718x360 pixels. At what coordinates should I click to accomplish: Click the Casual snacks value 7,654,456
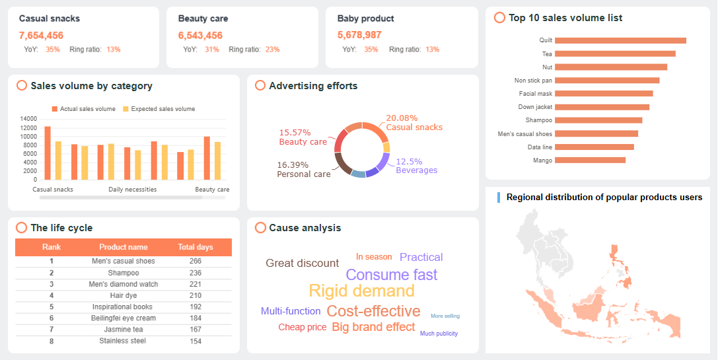(41, 35)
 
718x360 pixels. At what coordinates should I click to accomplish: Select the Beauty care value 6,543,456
(200, 35)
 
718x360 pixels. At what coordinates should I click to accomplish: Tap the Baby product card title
(365, 18)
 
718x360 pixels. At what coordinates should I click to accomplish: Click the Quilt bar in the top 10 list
(620, 40)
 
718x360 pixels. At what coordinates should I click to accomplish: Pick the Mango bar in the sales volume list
(590, 160)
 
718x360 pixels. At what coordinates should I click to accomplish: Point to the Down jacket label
(535, 107)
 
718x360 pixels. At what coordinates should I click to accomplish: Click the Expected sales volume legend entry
(162, 109)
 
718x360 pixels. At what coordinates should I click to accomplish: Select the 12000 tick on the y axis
(28, 127)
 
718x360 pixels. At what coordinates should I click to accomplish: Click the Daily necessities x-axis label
(133, 190)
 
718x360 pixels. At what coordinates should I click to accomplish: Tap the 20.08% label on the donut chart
(402, 118)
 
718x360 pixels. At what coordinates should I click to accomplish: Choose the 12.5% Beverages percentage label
(409, 162)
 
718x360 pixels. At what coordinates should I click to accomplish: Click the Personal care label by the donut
(304, 174)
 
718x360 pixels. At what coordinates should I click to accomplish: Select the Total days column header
(196, 247)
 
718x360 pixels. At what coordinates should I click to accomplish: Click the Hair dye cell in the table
(124, 295)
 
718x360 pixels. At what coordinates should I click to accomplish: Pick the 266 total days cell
(196, 261)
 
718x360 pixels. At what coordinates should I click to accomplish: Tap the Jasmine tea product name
(124, 330)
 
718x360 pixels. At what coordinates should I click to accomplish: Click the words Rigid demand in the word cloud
(361, 291)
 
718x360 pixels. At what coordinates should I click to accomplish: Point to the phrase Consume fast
(391, 275)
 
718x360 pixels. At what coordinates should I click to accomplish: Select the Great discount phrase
(302, 263)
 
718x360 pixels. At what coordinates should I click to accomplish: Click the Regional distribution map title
(604, 197)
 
